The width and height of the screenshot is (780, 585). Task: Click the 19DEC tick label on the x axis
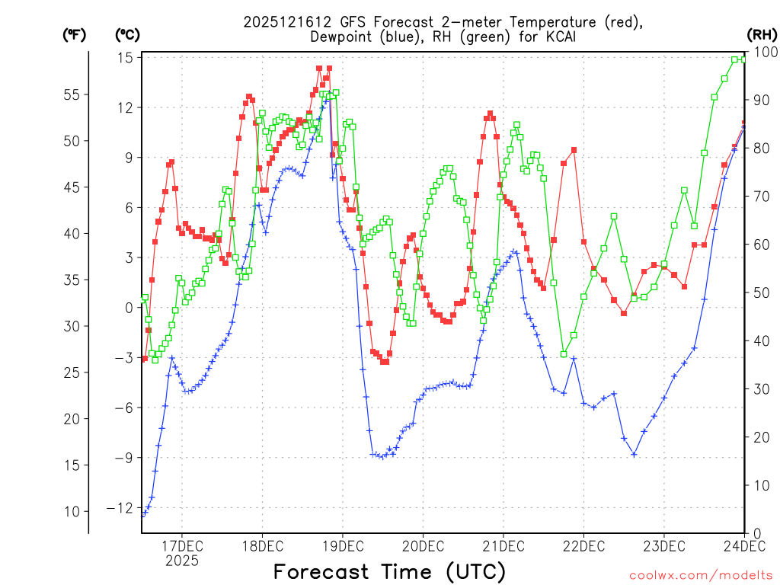tap(342, 545)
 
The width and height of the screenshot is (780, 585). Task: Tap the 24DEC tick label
tap(743, 545)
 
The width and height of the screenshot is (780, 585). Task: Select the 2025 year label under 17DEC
tap(181, 561)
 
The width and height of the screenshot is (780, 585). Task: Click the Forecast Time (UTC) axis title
tap(389, 571)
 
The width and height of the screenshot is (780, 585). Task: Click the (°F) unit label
tap(74, 34)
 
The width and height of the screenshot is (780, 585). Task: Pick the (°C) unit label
tap(127, 34)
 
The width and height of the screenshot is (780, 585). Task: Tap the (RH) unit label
tap(762, 34)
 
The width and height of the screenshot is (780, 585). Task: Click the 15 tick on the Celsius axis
tap(126, 58)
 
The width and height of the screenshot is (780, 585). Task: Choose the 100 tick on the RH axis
tap(764, 52)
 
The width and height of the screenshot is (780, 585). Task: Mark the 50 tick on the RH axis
tap(761, 292)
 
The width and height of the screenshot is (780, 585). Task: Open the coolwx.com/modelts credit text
tap(701, 575)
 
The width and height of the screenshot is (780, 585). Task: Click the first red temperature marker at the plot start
tap(145, 358)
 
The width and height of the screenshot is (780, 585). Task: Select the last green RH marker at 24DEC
tap(744, 58)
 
